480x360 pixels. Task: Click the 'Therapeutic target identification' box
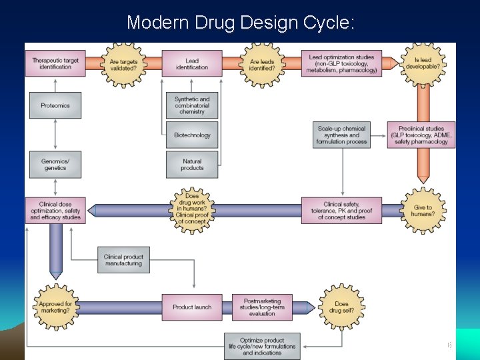point(55,63)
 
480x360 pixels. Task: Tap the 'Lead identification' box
point(192,63)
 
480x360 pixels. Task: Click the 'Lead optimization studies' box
point(341,63)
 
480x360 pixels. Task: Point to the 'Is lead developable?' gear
point(423,63)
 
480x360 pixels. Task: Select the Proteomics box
point(55,105)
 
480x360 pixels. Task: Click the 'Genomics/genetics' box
point(55,165)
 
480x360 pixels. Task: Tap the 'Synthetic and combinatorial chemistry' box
point(192,105)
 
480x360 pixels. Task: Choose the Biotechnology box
point(192,135)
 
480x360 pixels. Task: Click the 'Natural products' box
point(192,165)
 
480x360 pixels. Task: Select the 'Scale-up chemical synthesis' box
point(341,135)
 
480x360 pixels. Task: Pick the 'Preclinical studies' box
point(421,135)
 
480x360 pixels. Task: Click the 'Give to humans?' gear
point(423,211)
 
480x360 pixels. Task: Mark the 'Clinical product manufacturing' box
point(123,260)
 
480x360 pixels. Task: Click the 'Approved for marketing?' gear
point(55,307)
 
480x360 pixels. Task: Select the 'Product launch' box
point(192,307)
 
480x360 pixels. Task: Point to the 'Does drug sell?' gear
point(341,307)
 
